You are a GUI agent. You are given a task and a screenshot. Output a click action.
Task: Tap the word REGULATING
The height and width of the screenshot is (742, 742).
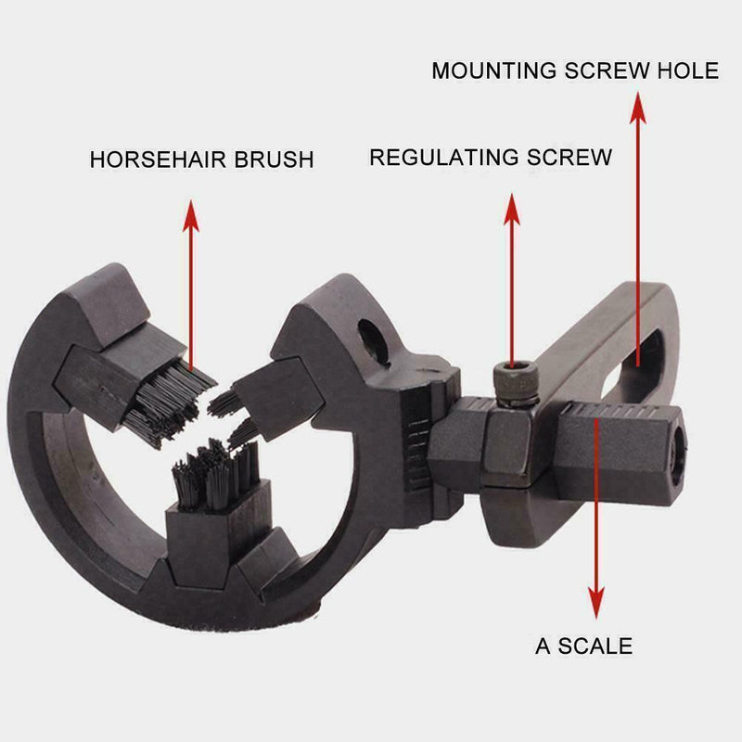[x=441, y=157]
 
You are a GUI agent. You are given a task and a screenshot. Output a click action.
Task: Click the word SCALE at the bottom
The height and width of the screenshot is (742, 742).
[x=596, y=646]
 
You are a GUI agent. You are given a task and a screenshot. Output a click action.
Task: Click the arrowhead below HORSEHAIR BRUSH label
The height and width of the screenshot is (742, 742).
[x=190, y=215]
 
